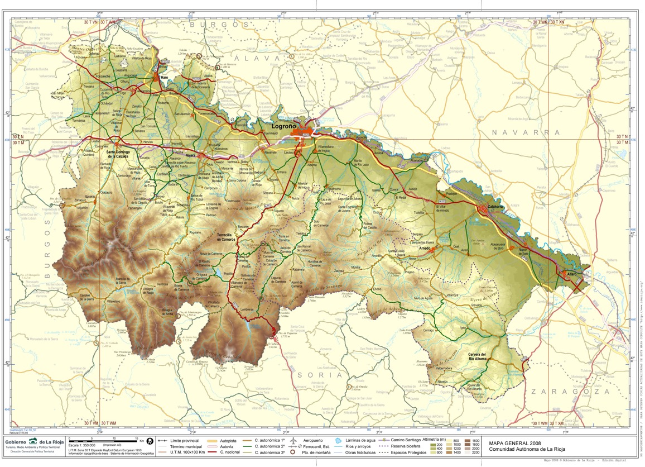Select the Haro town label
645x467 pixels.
coord(163,78)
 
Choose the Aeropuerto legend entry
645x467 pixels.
coord(314,441)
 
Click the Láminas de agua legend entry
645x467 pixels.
coord(359,441)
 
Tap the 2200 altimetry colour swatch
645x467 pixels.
coord(475,454)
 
